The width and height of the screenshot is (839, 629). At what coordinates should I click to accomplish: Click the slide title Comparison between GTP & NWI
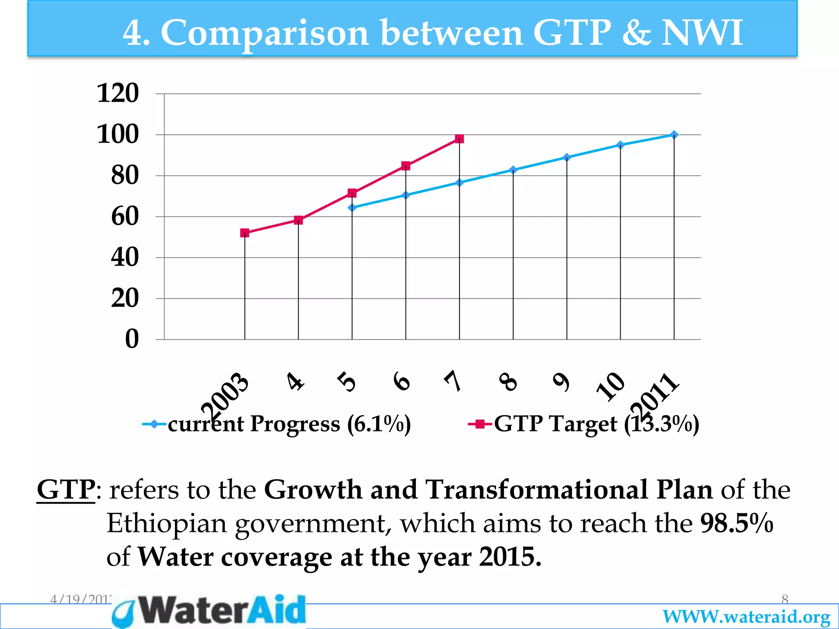pyautogui.click(x=433, y=33)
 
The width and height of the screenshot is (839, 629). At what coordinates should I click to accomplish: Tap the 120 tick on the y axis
pyautogui.click(x=118, y=93)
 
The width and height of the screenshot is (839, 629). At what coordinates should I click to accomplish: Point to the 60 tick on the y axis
pyautogui.click(x=125, y=217)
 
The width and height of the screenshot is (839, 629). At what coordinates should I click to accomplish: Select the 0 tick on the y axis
pyautogui.click(x=132, y=339)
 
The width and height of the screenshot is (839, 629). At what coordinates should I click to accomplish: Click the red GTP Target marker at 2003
pyautogui.click(x=245, y=233)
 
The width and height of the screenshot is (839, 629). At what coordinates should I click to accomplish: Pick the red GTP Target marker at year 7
pyautogui.click(x=459, y=139)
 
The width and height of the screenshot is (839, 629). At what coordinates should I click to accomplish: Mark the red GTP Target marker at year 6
pyautogui.click(x=406, y=166)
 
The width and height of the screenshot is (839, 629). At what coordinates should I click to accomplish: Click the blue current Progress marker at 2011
pyautogui.click(x=674, y=135)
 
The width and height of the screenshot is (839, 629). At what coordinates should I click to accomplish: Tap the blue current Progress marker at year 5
pyautogui.click(x=352, y=208)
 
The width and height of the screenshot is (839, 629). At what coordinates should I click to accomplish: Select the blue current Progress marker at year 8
pyautogui.click(x=513, y=170)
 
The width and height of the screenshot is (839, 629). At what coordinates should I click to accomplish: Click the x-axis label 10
pyautogui.click(x=611, y=386)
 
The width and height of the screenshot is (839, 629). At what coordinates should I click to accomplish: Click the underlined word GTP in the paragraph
pyautogui.click(x=66, y=490)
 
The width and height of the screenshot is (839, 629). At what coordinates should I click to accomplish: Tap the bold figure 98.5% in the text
pyautogui.click(x=737, y=523)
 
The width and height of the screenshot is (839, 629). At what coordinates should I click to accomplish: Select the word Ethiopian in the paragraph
pyautogui.click(x=166, y=523)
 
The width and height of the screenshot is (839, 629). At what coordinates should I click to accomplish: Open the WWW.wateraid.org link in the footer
pyautogui.click(x=746, y=617)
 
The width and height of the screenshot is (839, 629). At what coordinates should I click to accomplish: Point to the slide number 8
pyautogui.click(x=784, y=600)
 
